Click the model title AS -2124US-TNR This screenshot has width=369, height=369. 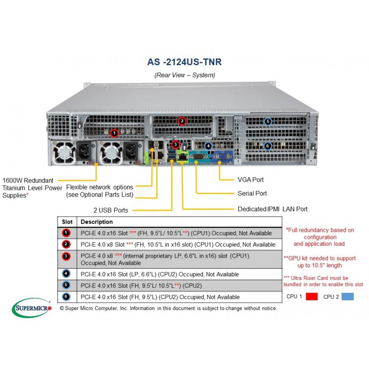[184, 62]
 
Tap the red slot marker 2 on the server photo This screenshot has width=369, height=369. [182, 121]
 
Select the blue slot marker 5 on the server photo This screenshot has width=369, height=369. [268, 121]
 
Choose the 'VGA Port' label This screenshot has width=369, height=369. [250, 179]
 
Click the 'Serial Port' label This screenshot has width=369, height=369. [252, 193]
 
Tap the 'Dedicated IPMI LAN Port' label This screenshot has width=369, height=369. [273, 209]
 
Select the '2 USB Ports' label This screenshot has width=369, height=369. [111, 210]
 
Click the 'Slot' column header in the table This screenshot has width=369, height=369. [67, 222]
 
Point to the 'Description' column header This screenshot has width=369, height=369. [96, 222]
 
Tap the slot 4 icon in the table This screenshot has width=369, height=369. [66, 274]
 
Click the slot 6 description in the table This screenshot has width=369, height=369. [160, 297]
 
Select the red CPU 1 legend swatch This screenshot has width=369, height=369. [312, 297]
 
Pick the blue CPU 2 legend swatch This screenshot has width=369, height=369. [348, 297]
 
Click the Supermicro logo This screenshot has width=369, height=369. [31, 308]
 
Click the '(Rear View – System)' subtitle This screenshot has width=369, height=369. [185, 75]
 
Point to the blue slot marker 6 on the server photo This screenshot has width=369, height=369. [268, 146]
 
